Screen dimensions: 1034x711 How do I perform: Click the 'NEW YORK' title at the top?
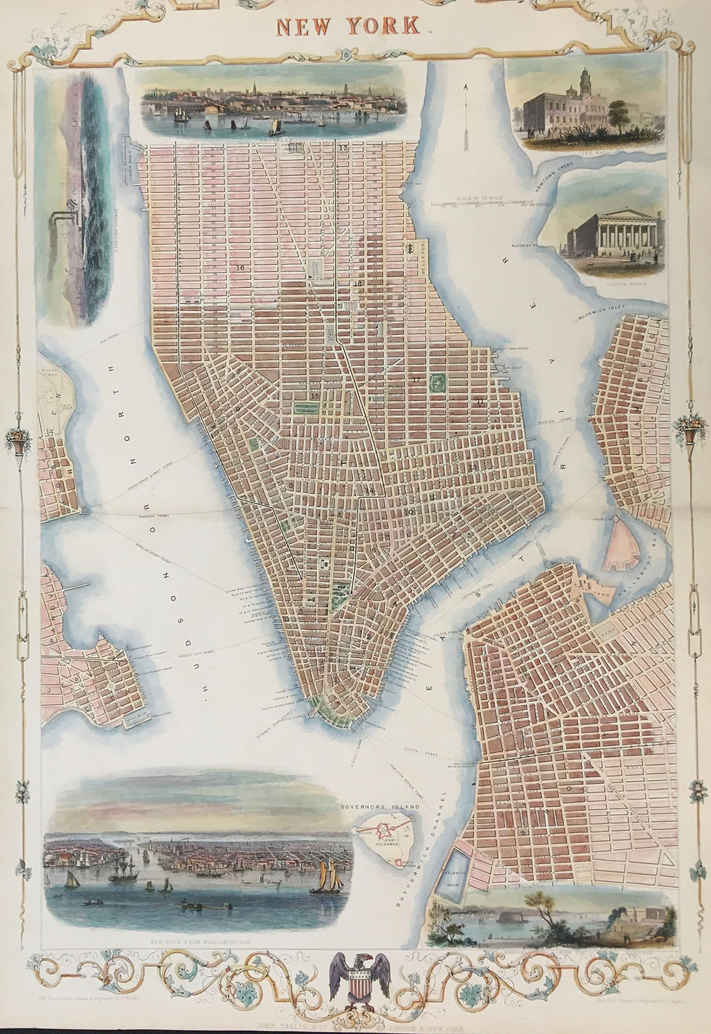[348, 26]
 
